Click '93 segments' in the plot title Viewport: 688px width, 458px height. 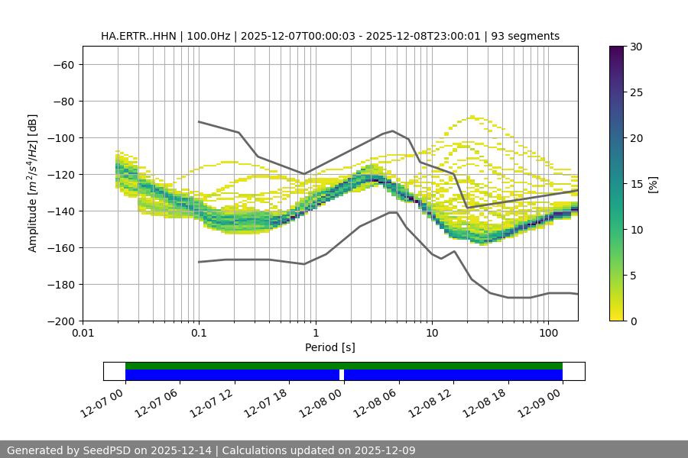pos(526,36)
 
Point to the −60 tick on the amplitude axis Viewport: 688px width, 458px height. pos(63,65)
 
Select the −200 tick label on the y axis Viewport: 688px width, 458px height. pos(60,321)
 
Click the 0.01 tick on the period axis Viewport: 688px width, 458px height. pos(83,334)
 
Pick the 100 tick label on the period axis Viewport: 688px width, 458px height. pos(548,334)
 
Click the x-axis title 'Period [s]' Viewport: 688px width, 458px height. pos(329,347)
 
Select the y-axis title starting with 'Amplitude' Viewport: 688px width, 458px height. pos(32,183)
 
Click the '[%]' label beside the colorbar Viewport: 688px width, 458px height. pos(652,184)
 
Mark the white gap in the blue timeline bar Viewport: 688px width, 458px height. pos(342,375)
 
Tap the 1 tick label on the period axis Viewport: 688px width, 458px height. pos(315,334)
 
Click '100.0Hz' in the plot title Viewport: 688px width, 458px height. pos(206,36)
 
